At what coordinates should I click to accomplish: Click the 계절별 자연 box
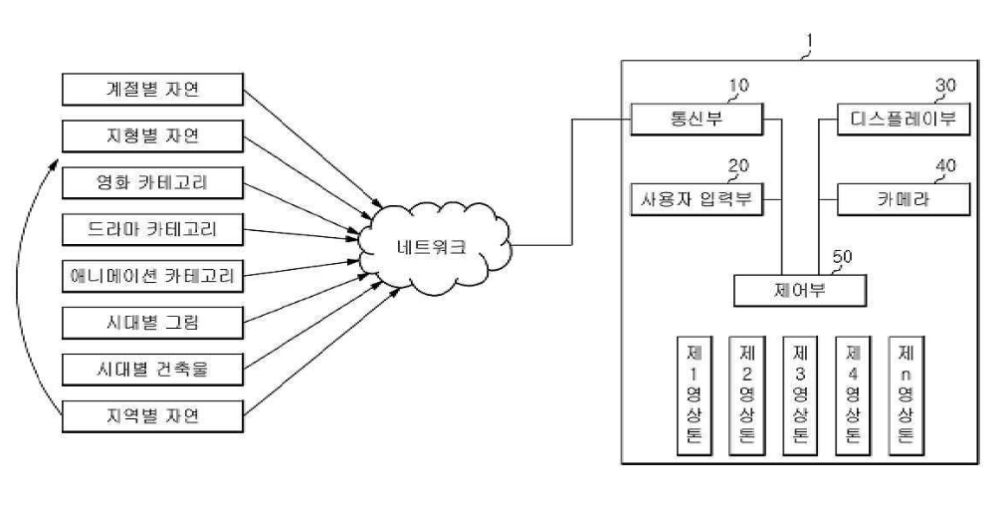152,90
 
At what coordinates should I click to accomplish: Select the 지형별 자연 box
152,136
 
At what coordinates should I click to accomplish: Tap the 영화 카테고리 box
152,182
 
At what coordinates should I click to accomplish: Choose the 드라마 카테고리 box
152,229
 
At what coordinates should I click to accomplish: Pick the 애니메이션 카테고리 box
152,277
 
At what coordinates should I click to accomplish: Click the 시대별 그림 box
152,323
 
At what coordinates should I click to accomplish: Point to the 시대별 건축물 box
152,370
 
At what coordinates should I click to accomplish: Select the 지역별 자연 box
152,416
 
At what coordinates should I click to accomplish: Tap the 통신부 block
697,119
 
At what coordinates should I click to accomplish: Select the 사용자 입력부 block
697,199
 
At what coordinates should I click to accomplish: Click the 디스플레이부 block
904,119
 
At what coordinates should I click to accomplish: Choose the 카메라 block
904,199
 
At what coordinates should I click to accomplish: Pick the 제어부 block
800,291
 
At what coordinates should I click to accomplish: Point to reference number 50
842,257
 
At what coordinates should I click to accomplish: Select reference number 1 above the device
810,41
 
